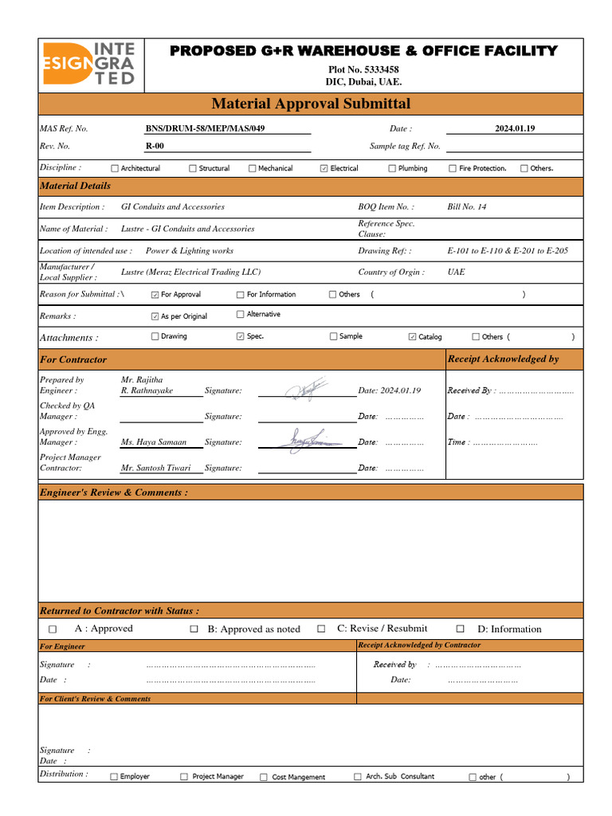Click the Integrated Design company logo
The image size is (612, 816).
click(88, 65)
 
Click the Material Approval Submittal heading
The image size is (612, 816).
click(311, 104)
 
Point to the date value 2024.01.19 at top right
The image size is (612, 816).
click(515, 128)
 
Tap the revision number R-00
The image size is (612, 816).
click(155, 146)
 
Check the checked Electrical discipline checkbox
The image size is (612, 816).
click(324, 168)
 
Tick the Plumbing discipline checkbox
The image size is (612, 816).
click(392, 168)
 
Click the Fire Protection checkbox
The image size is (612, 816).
click(453, 168)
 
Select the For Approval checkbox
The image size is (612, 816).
click(155, 295)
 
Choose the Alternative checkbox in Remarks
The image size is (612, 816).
click(241, 315)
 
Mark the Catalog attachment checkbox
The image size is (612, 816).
click(412, 337)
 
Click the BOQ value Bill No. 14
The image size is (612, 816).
click(467, 206)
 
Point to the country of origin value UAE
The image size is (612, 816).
click(457, 272)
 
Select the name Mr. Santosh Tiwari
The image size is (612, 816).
click(155, 468)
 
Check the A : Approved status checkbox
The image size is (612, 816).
click(53, 630)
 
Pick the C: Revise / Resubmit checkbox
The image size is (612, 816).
click(321, 629)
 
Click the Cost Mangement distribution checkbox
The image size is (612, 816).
click(263, 777)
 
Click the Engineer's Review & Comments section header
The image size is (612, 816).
click(114, 492)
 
